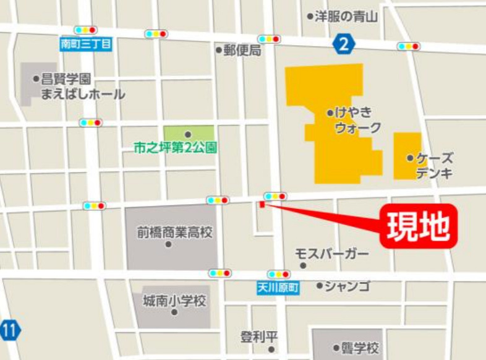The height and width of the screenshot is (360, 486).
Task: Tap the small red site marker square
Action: coord(262,205)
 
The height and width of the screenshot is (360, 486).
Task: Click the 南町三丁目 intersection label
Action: coord(85,44)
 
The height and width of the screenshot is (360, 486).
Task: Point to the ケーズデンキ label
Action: coord(433,165)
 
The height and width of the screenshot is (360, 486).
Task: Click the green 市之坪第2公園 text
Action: coord(175,148)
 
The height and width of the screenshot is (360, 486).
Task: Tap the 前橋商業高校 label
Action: coord(174,233)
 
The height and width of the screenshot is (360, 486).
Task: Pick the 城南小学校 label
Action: coord(174,301)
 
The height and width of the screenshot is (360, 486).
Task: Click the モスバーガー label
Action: coord(331,254)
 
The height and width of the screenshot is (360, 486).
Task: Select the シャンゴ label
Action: coord(346,285)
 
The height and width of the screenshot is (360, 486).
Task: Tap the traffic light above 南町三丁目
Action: coord(85,30)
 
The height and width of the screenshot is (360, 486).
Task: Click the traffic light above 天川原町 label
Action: coord(278,273)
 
